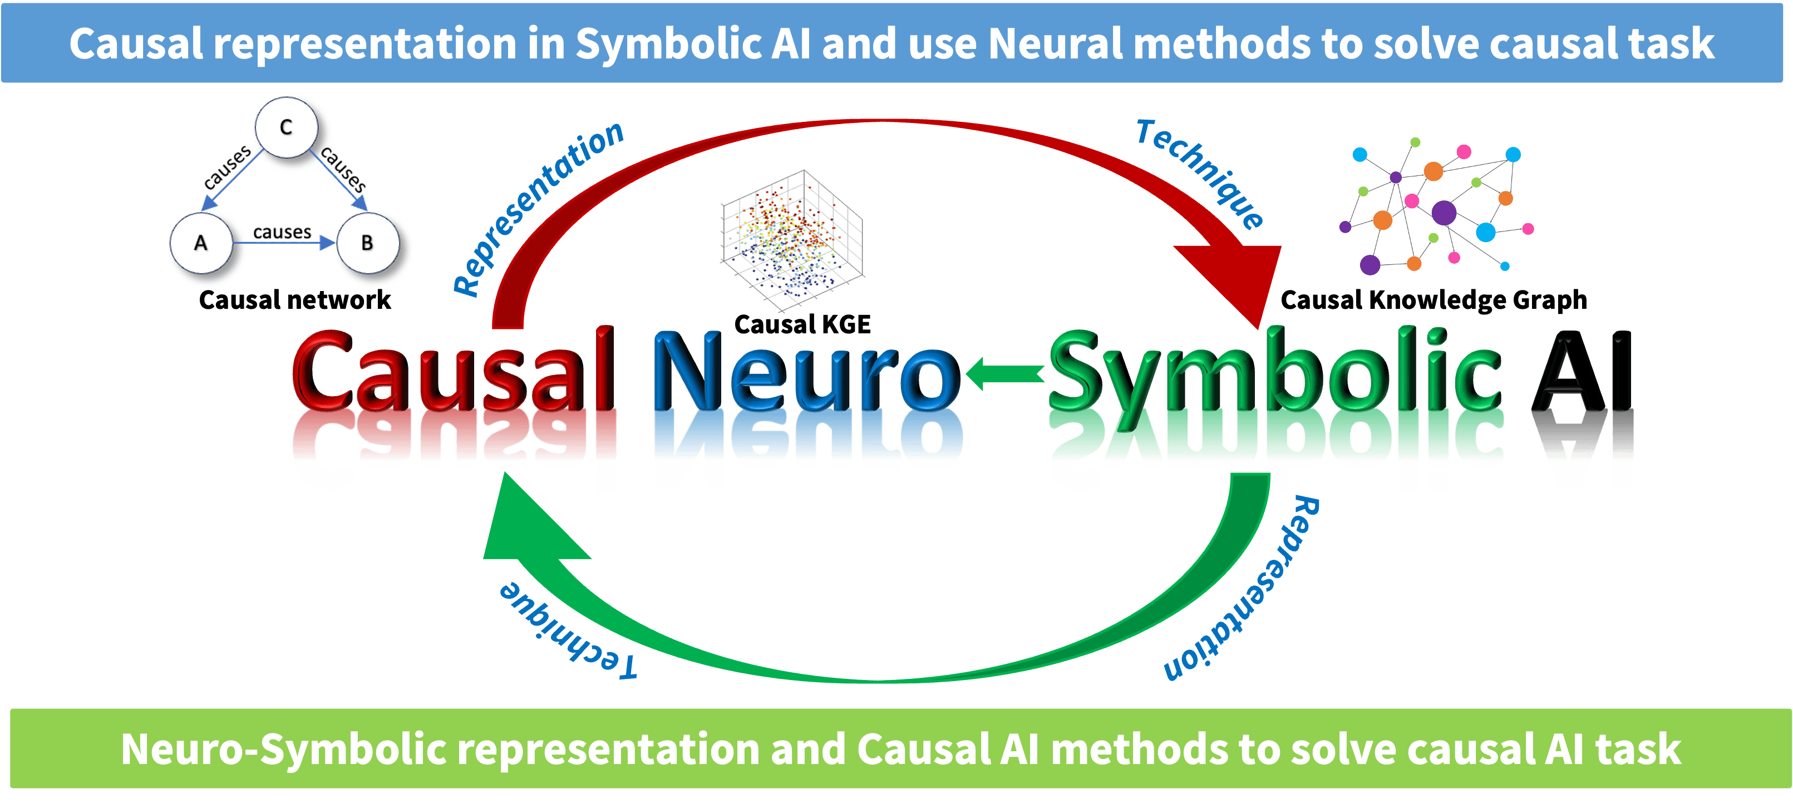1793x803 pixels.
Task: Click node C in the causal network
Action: [x=286, y=127]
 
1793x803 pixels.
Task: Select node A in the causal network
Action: [x=201, y=243]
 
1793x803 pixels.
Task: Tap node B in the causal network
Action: [x=367, y=243]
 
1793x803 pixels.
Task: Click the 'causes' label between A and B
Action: [x=282, y=231]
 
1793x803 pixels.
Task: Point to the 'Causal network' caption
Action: [x=294, y=300]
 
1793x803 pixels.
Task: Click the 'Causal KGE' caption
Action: [x=802, y=325]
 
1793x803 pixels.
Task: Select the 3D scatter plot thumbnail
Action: [x=791, y=240]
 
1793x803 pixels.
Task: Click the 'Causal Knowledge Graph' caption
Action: [x=1434, y=300]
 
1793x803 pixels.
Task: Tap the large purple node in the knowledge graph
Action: [x=1444, y=212]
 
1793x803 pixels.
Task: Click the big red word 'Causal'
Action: [x=454, y=372]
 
